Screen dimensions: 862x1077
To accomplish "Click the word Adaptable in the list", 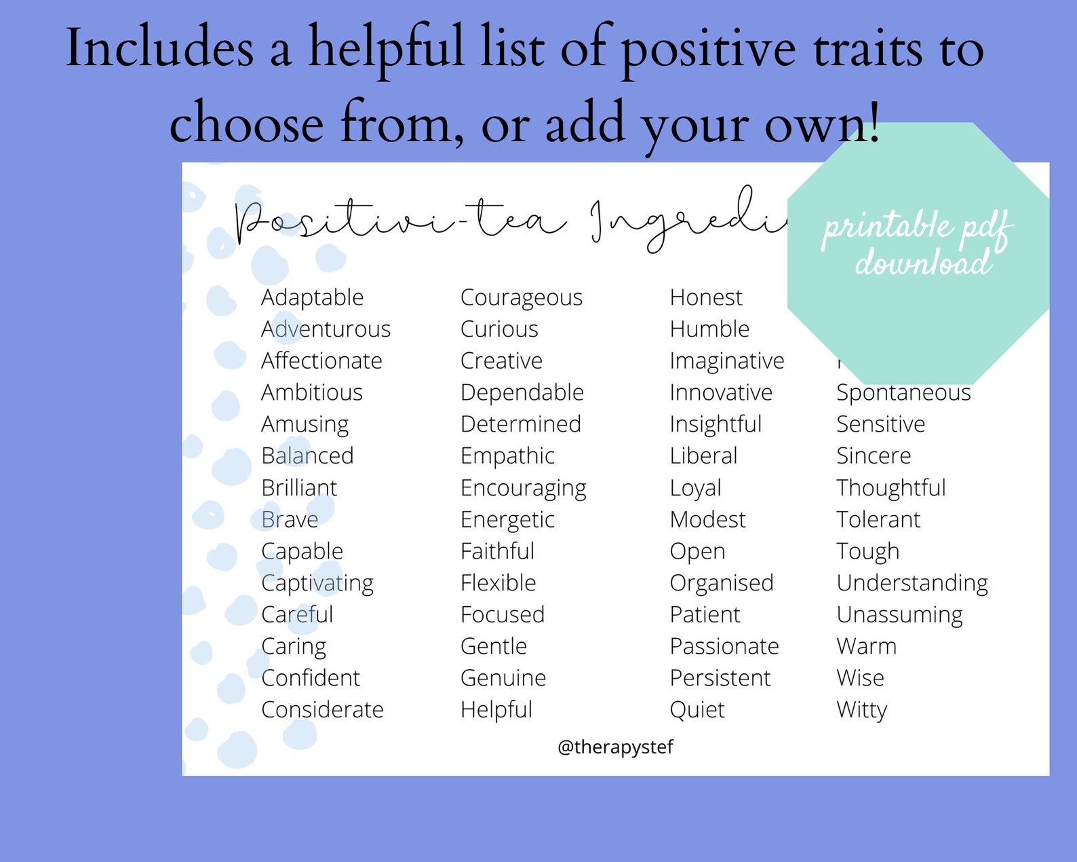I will pos(312,297).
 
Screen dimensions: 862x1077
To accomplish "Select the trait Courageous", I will pos(521,297).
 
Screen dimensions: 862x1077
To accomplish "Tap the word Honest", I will pos(705,297).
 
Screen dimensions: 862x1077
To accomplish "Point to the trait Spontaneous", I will pos(903,393).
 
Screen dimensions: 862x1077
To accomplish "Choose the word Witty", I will pos(861,710).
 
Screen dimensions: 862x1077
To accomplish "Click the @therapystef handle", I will pos(615,747).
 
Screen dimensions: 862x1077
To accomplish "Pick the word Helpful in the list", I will pos(496,710).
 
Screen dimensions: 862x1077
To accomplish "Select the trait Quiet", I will pos(697,710).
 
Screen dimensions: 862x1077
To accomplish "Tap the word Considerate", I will pos(322,710).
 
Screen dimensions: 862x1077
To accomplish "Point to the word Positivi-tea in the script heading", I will pos(400,221).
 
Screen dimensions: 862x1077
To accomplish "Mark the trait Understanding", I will pos(912,583).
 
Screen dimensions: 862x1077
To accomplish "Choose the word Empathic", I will pos(507,456).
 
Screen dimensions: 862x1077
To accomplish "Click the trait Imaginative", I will pos(726,361).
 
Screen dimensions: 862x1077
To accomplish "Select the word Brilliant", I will pos(298,488).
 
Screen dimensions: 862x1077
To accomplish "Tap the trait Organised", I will pos(721,583).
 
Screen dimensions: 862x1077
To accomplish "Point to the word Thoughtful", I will pos(890,488).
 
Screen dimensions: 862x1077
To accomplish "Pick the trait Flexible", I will pos(498,583).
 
